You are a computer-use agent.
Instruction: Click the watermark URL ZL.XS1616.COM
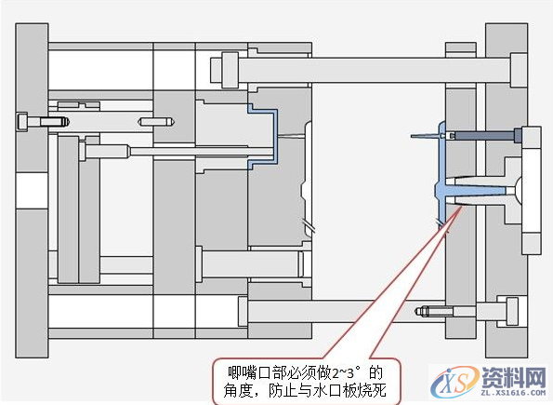pos(511,394)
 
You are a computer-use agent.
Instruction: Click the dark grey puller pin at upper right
pos(482,136)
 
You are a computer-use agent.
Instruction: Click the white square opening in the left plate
pos(31,193)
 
